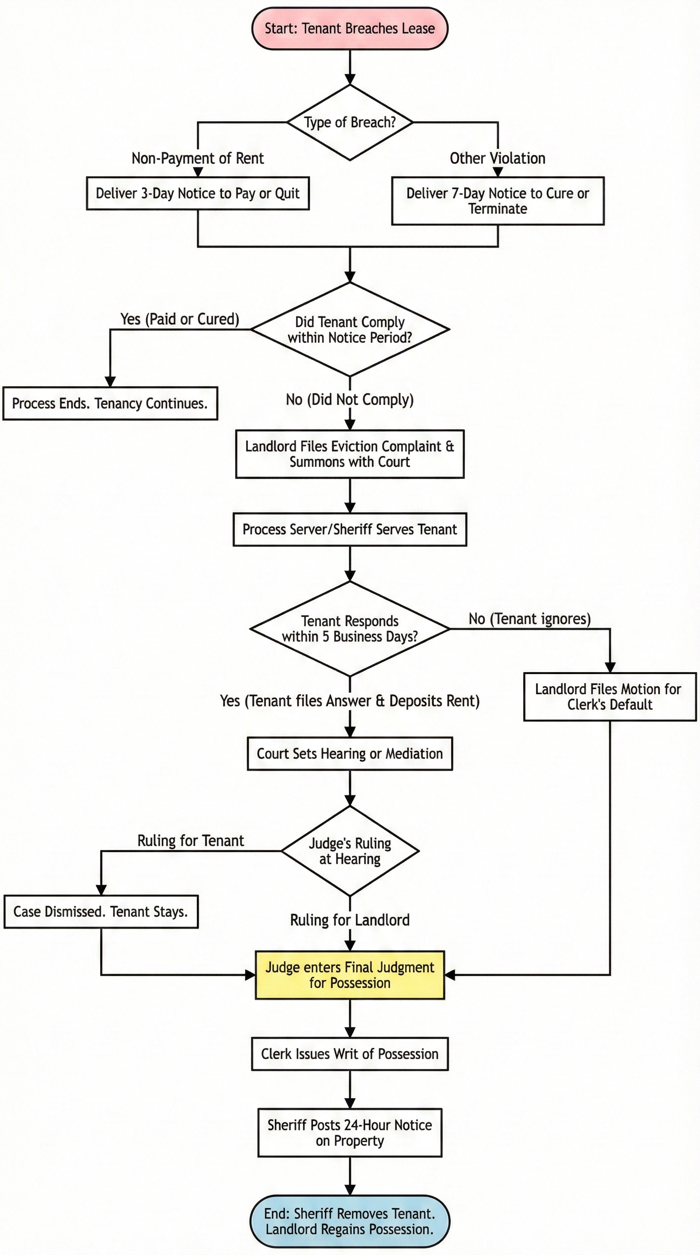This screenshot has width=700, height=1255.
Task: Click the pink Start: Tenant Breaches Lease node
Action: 350,28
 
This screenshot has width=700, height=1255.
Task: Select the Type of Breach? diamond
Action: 350,122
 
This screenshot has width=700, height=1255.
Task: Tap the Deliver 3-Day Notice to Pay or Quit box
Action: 198,193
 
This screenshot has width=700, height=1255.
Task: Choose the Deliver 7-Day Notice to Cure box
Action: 498,201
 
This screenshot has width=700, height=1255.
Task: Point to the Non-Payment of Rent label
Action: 198,158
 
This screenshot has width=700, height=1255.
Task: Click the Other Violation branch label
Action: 498,158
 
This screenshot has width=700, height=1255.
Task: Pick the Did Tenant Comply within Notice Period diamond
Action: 350,329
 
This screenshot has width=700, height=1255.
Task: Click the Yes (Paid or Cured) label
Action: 180,319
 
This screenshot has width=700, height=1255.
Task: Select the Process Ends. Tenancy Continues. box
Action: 110,404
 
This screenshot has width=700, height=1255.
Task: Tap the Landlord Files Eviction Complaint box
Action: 350,454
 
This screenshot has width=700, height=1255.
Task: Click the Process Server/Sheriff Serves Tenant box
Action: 350,529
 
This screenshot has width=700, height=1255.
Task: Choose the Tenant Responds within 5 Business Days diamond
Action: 350,628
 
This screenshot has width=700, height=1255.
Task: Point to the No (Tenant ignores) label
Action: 530,619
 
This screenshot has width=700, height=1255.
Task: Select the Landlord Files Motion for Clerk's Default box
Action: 609,697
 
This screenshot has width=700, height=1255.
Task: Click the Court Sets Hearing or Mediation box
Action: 350,754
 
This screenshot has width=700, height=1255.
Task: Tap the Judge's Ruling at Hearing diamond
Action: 350,850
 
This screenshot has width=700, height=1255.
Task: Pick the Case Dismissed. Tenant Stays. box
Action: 101,912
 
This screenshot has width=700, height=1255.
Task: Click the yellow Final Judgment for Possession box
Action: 350,975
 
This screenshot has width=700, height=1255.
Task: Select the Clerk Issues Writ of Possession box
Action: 350,1054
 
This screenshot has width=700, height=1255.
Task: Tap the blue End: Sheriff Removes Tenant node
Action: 350,1221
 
